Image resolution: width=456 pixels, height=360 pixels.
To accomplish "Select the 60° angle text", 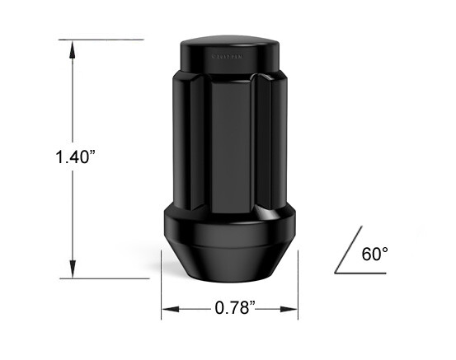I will click(x=374, y=254).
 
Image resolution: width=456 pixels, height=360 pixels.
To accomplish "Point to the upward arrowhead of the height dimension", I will click(x=73, y=48).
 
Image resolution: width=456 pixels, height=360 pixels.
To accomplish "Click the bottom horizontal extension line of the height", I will click(x=107, y=278).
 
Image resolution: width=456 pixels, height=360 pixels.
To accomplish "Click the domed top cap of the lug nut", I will click(x=228, y=37).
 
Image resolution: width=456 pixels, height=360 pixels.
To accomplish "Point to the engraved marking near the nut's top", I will click(x=228, y=58).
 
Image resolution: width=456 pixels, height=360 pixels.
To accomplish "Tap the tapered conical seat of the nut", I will click(x=228, y=259).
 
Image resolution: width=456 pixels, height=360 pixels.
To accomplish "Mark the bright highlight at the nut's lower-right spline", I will click(x=261, y=213).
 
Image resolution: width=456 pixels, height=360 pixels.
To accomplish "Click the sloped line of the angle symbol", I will click(x=346, y=253).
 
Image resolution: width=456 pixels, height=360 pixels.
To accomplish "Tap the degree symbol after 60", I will click(x=384, y=249).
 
